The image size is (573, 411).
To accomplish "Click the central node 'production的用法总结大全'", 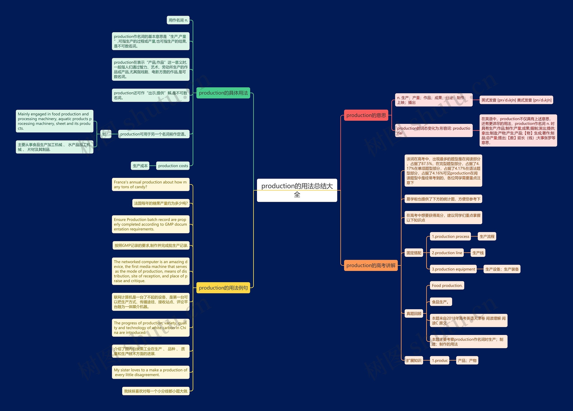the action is coord(297,190).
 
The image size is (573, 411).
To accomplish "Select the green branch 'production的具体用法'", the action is coord(223,93).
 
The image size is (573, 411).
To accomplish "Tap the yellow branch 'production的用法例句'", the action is coord(223,288).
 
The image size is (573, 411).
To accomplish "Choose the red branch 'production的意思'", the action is coord(366,115).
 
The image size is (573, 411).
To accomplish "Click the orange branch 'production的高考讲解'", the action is coord(371,266).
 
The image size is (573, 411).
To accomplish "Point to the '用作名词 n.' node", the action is coord(178,20).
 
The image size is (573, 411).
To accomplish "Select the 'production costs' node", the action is coord(173,166).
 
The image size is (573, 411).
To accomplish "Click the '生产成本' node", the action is coord(140,166).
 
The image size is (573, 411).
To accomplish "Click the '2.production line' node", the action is coord(447,253).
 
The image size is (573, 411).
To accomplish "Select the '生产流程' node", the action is coord(487,236).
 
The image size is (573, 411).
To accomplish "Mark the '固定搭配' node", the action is coord(414,253).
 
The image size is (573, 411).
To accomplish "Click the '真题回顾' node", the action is coord(414,313).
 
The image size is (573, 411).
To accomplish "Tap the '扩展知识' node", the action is coord(414,360).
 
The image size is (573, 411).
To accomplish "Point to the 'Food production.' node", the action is coord(447,285).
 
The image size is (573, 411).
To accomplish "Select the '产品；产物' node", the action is coord(467,360).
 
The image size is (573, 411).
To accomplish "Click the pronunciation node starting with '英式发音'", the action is coord(516,100).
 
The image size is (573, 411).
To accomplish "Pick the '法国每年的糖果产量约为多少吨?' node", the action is coord(161,203).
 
